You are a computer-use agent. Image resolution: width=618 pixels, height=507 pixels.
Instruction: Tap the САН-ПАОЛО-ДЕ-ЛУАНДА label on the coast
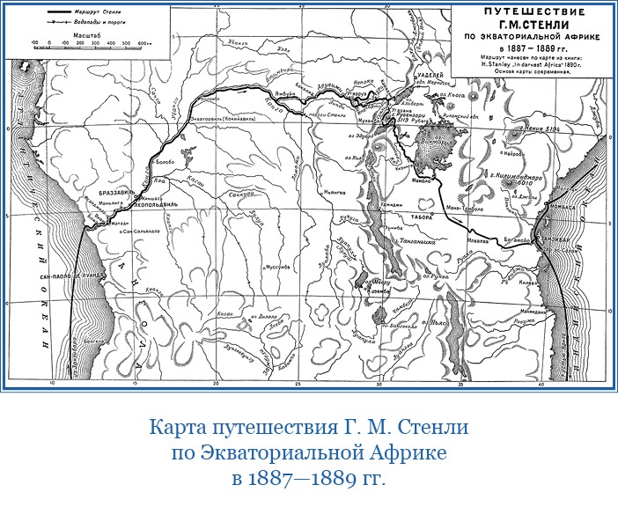[70, 276]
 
